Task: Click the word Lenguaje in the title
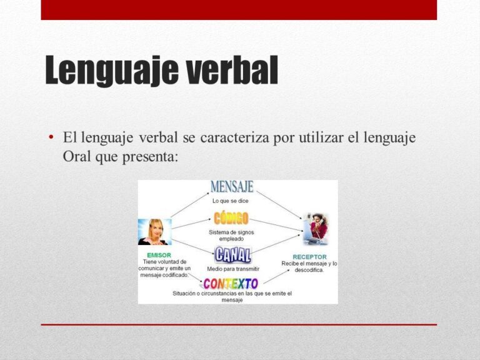pyautogui.click(x=112, y=71)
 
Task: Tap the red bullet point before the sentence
pyautogui.click(x=51, y=136)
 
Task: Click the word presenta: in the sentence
pyautogui.click(x=150, y=157)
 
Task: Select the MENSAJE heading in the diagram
pyautogui.click(x=232, y=187)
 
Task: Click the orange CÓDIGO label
pyautogui.click(x=231, y=218)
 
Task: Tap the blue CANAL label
pyautogui.click(x=232, y=255)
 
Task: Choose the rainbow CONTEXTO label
pyautogui.click(x=231, y=284)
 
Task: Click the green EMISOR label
pyautogui.click(x=159, y=255)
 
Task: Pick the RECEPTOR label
pyautogui.click(x=309, y=257)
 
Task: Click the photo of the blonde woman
pyautogui.click(x=155, y=232)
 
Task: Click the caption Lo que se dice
pyautogui.click(x=231, y=201)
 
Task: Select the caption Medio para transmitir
pyautogui.click(x=233, y=269)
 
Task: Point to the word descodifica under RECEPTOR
pyautogui.click(x=309, y=270)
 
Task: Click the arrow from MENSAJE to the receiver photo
pyautogui.click(x=279, y=205)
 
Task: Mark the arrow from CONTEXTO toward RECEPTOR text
pyautogui.click(x=276, y=276)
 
